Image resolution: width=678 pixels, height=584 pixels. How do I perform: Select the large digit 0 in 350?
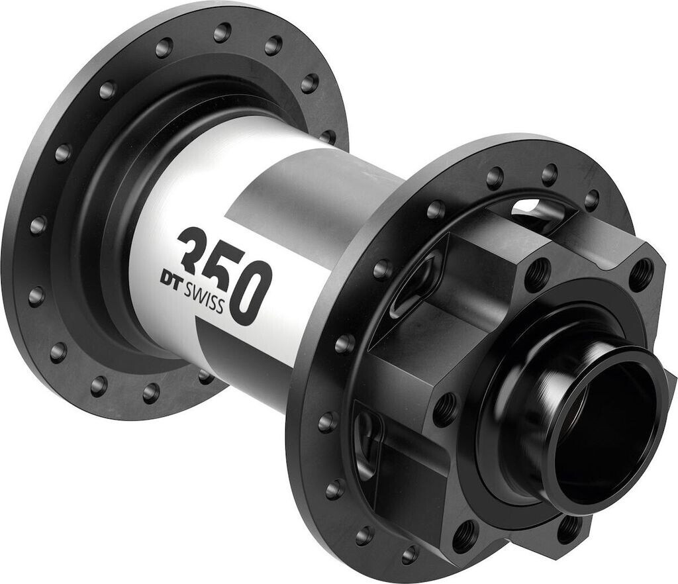[252, 291]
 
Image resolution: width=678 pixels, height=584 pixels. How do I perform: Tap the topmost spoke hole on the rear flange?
[222, 32]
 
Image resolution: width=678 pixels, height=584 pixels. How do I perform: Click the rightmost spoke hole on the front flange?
[591, 199]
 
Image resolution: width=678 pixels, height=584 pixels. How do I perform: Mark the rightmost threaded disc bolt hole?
[641, 272]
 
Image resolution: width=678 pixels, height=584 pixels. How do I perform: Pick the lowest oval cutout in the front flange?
[368, 444]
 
